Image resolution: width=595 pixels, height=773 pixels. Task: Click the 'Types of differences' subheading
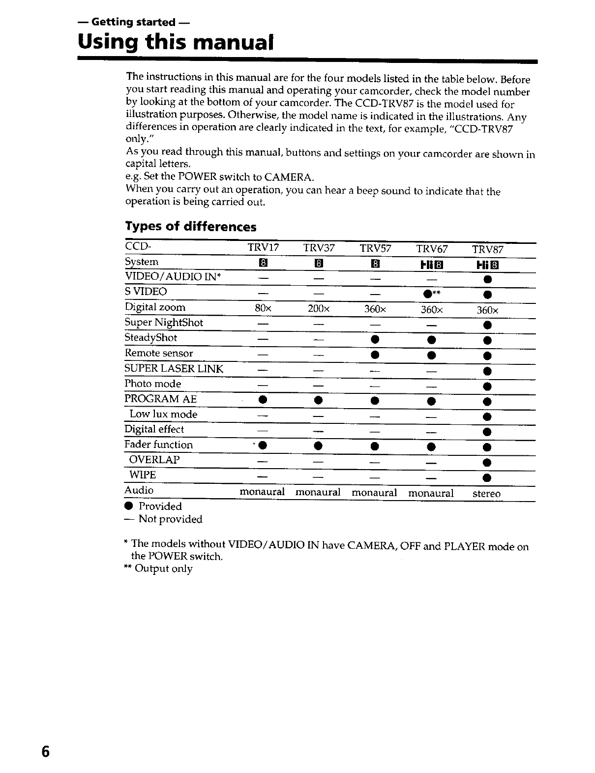191,227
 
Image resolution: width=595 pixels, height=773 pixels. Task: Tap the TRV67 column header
432,249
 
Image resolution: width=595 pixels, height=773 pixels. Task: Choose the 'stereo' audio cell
486,494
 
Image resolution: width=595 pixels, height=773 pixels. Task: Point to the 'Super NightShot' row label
164,323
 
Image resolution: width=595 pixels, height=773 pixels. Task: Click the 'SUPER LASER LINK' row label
174,369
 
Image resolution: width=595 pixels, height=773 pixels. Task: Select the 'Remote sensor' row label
159,353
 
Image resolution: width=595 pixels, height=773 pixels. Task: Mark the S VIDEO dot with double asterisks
427,294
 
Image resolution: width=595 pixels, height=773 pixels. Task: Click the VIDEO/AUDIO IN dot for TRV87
486,280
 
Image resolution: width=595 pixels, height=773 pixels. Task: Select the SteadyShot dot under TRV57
375,340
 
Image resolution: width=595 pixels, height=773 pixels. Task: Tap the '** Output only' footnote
158,569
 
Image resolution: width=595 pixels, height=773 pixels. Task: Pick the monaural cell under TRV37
318,492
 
